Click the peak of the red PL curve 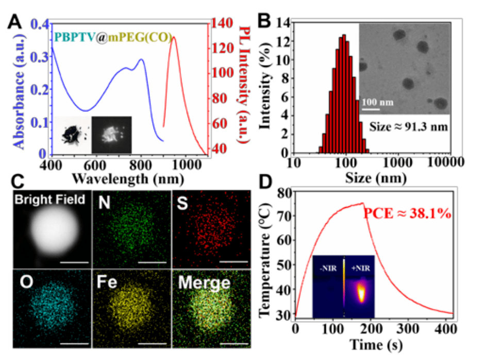click(x=174, y=37)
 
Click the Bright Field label click(x=49, y=199)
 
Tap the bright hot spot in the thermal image click(x=361, y=294)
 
